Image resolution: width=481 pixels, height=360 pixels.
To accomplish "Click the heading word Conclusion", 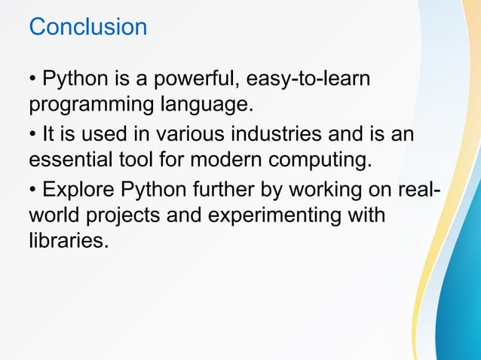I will [x=87, y=27].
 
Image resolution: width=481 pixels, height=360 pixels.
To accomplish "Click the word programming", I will [x=93, y=102].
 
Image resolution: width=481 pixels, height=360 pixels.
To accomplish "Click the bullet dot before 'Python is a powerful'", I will [x=32, y=79].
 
